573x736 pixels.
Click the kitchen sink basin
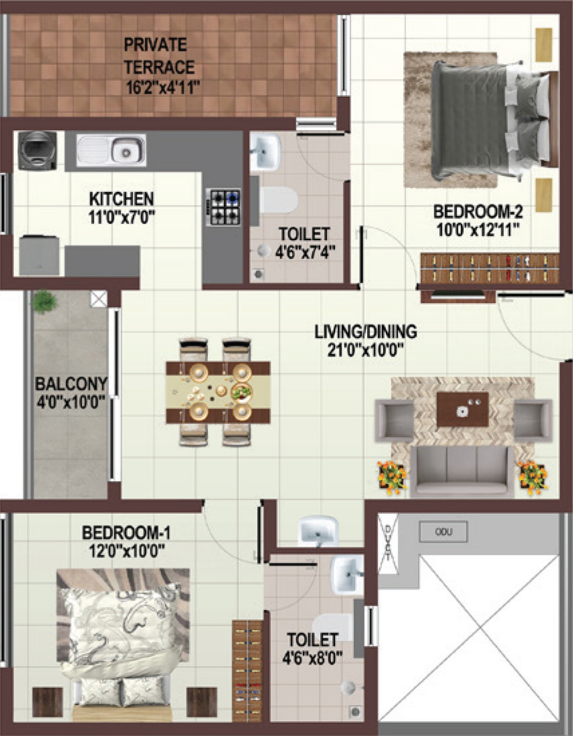111,150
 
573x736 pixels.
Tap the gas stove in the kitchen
224,207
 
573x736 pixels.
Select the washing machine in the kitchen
37,151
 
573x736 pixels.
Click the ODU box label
443,532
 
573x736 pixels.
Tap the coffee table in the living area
462,409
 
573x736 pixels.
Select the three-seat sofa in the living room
462,472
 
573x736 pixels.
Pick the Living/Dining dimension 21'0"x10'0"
366,350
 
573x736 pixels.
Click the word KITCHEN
121,199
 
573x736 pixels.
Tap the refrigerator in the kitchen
39,255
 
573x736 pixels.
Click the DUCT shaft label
388,543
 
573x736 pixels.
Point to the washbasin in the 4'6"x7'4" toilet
265,152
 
